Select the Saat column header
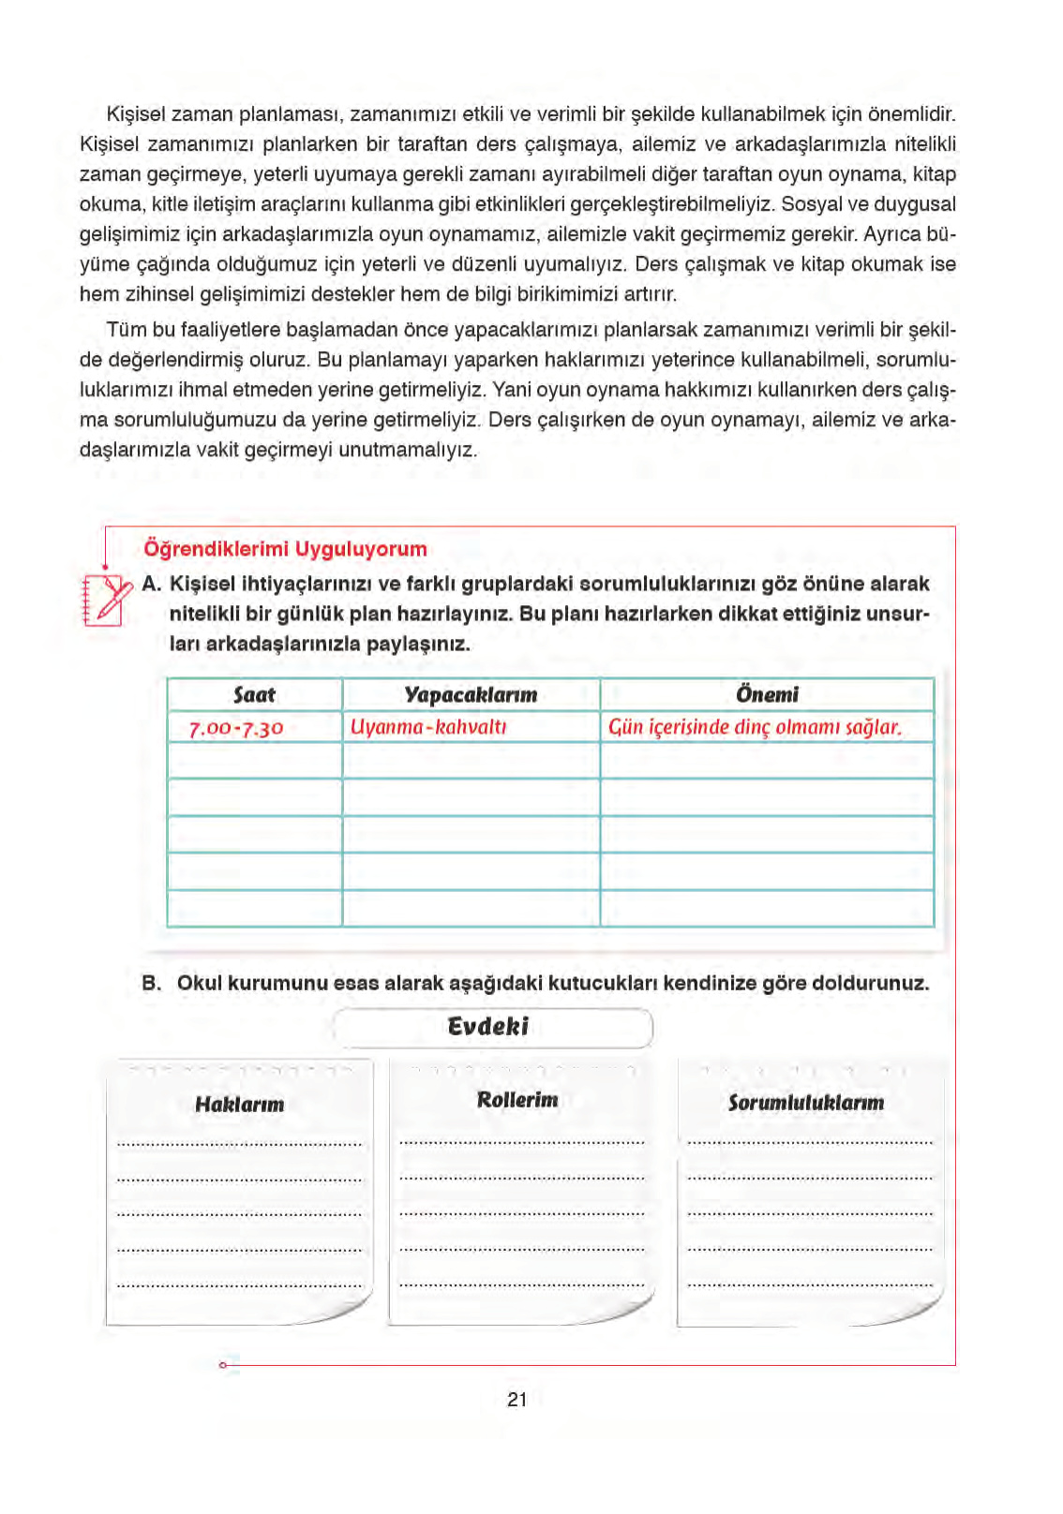coord(254,695)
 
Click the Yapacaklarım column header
coord(471,695)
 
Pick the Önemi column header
coord(767,695)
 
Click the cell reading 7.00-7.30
coord(236,728)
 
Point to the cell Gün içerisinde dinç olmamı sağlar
coord(755,727)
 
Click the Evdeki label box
coord(491,1027)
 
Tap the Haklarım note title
coord(239,1105)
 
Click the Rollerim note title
coord(517,1100)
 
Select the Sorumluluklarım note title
coord(806,1103)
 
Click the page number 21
coord(517,1400)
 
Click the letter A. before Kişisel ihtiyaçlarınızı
coord(152,585)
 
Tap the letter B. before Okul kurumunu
coord(152,984)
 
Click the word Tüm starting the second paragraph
coord(124,330)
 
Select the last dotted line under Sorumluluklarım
coord(809,1284)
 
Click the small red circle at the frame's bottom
coord(222,1365)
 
